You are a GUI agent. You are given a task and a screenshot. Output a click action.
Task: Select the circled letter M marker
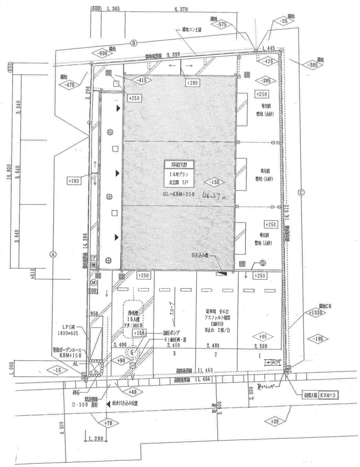pyautogui.click(x=93, y=282)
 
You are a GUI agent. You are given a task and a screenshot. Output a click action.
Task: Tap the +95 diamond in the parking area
pyautogui.click(x=262, y=337)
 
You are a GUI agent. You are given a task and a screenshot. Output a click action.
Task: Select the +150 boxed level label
pyautogui.click(x=139, y=333)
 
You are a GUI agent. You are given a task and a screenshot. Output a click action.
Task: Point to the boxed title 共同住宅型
pyautogui.click(x=179, y=164)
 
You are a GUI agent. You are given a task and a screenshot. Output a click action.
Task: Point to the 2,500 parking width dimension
pyautogui.click(x=262, y=345)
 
